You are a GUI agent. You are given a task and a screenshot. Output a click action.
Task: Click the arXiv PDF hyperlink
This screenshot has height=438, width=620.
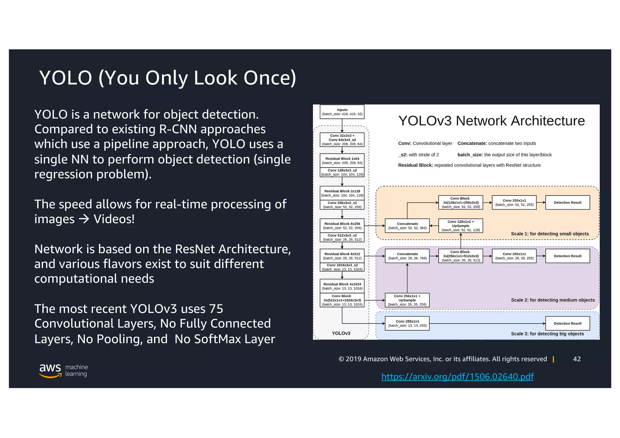(x=457, y=376)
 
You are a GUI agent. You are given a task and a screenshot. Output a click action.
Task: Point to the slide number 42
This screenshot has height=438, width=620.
(x=577, y=359)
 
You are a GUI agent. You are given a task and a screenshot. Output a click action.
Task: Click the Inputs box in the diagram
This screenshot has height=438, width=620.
(x=342, y=112)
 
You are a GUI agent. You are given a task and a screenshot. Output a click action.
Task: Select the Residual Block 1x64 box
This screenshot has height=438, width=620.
(x=342, y=160)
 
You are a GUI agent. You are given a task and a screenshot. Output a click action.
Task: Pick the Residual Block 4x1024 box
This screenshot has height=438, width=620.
(x=342, y=286)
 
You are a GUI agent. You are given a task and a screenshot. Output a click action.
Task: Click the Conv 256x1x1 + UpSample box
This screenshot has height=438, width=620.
(x=407, y=300)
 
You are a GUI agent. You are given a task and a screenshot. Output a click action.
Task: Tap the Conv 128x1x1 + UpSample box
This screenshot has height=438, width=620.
(x=460, y=226)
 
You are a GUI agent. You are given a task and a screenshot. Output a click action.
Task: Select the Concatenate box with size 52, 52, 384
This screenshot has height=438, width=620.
(x=407, y=226)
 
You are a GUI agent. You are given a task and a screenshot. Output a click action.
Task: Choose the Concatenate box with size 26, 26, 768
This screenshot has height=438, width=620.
(x=407, y=256)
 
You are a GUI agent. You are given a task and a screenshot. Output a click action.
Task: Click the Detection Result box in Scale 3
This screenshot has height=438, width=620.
(x=568, y=323)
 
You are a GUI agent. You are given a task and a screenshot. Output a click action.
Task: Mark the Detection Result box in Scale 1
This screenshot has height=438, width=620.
(x=568, y=203)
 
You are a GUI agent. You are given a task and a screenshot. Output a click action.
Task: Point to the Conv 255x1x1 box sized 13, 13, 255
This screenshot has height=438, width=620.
(x=407, y=323)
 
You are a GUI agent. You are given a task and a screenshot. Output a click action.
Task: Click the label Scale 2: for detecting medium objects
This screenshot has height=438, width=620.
(x=553, y=300)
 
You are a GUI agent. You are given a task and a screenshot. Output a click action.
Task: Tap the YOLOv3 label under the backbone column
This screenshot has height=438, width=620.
(x=341, y=333)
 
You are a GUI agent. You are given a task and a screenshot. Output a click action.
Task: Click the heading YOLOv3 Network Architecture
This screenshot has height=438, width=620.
(x=491, y=121)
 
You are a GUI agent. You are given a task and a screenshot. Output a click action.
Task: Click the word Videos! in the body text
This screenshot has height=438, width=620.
(x=114, y=219)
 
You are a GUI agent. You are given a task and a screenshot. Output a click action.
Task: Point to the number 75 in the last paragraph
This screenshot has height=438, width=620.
(x=216, y=309)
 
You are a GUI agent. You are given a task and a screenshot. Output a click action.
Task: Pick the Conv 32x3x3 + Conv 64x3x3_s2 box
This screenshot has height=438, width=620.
(x=342, y=140)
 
